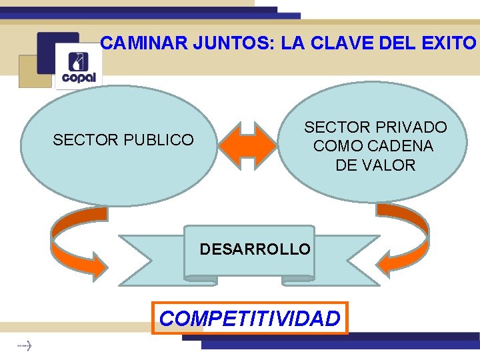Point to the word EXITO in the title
(x=451, y=44)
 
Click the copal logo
(x=79, y=67)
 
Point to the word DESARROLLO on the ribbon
(x=255, y=249)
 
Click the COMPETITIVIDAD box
(x=249, y=318)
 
